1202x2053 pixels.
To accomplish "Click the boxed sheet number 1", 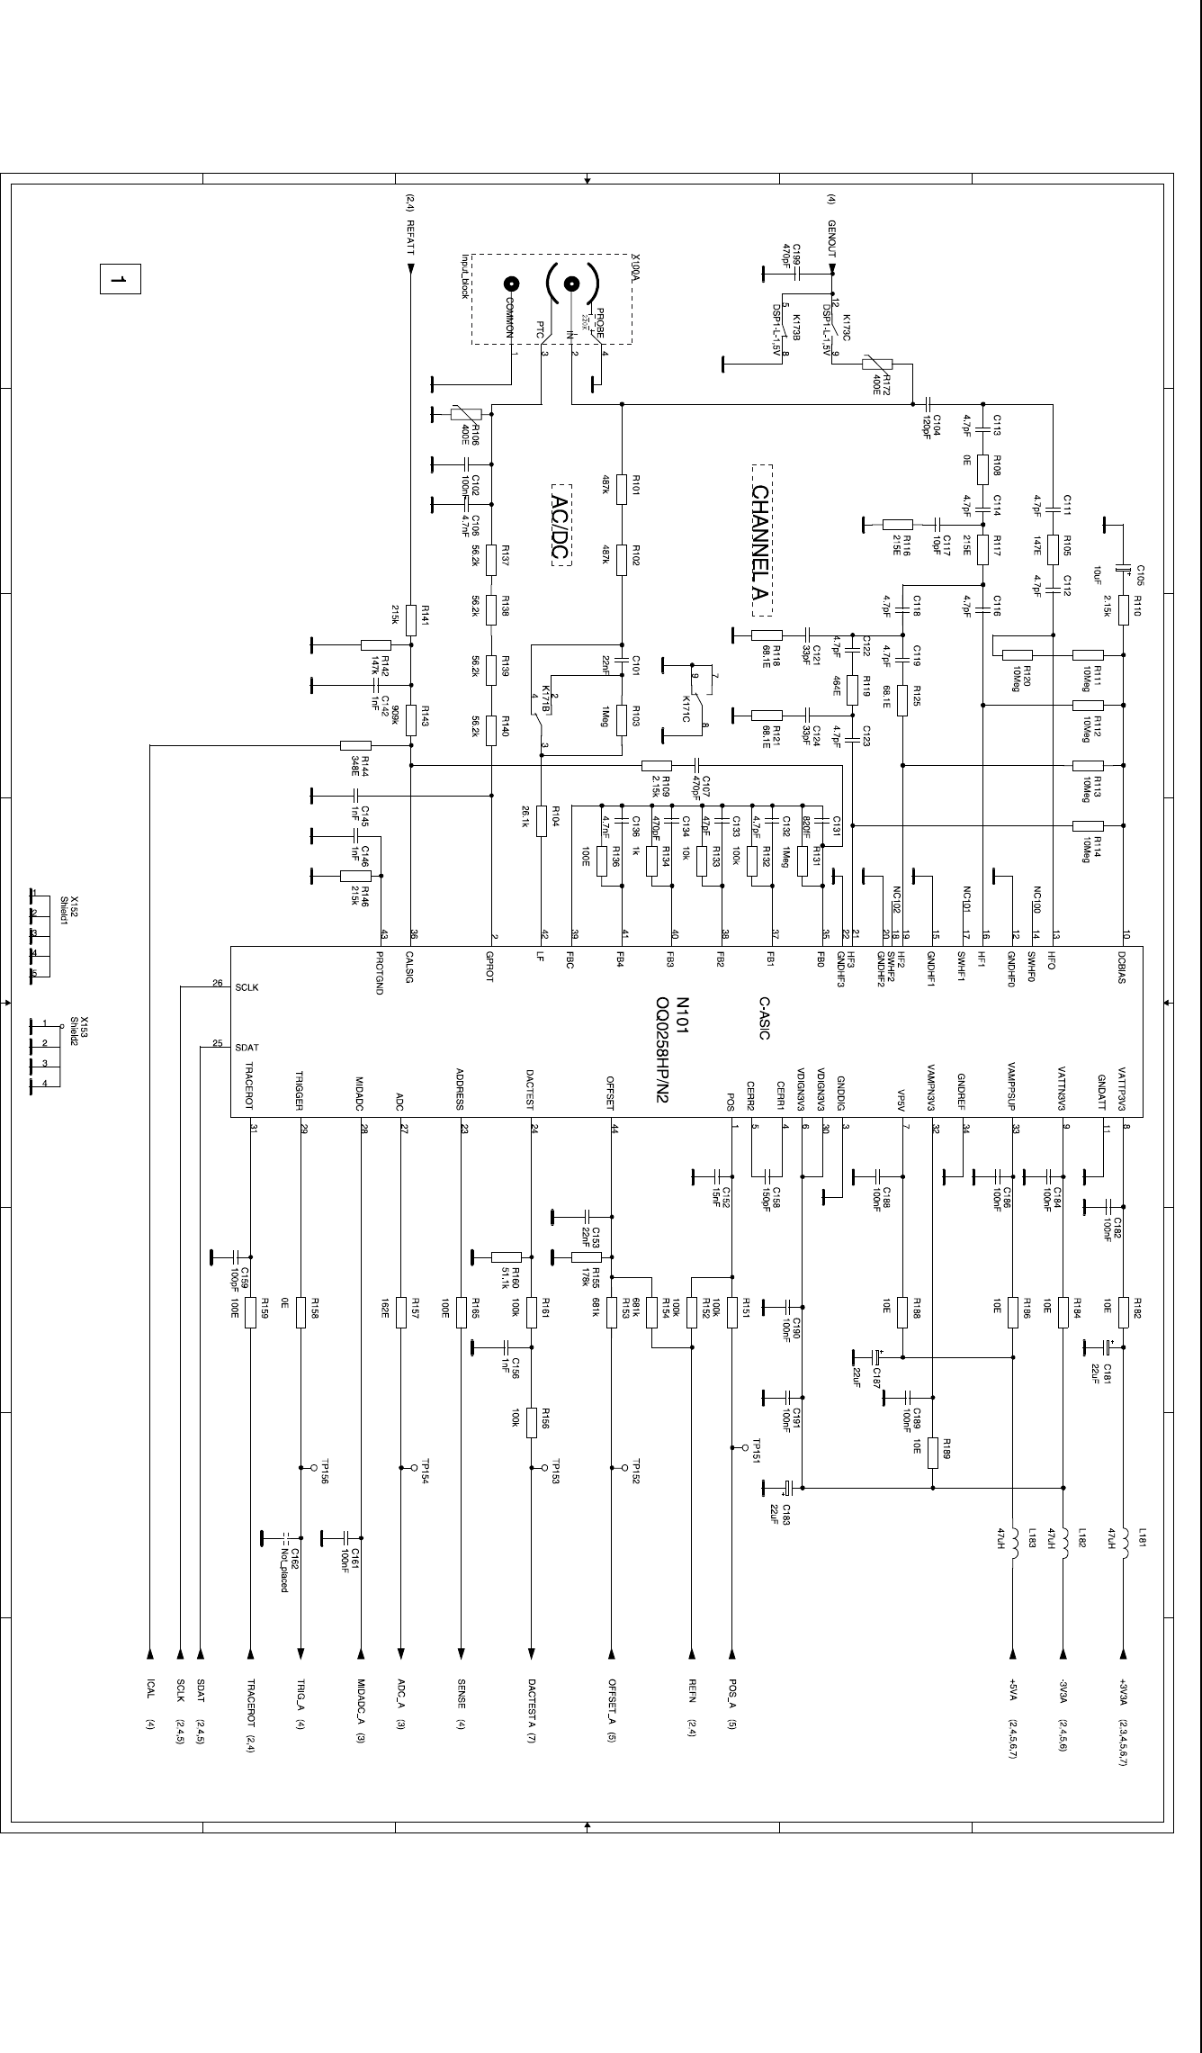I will pyautogui.click(x=120, y=279).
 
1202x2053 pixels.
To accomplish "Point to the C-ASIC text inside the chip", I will pyautogui.click(x=764, y=1018).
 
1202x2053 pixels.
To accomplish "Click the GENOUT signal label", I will pyautogui.click(x=832, y=239).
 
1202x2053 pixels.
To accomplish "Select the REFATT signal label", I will pyautogui.click(x=410, y=239).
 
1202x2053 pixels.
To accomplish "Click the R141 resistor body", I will pyautogui.click(x=411, y=619).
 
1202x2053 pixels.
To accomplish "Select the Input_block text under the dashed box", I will pyautogui.click(x=466, y=275).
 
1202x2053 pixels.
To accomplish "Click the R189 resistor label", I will pyautogui.click(x=947, y=1449).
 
